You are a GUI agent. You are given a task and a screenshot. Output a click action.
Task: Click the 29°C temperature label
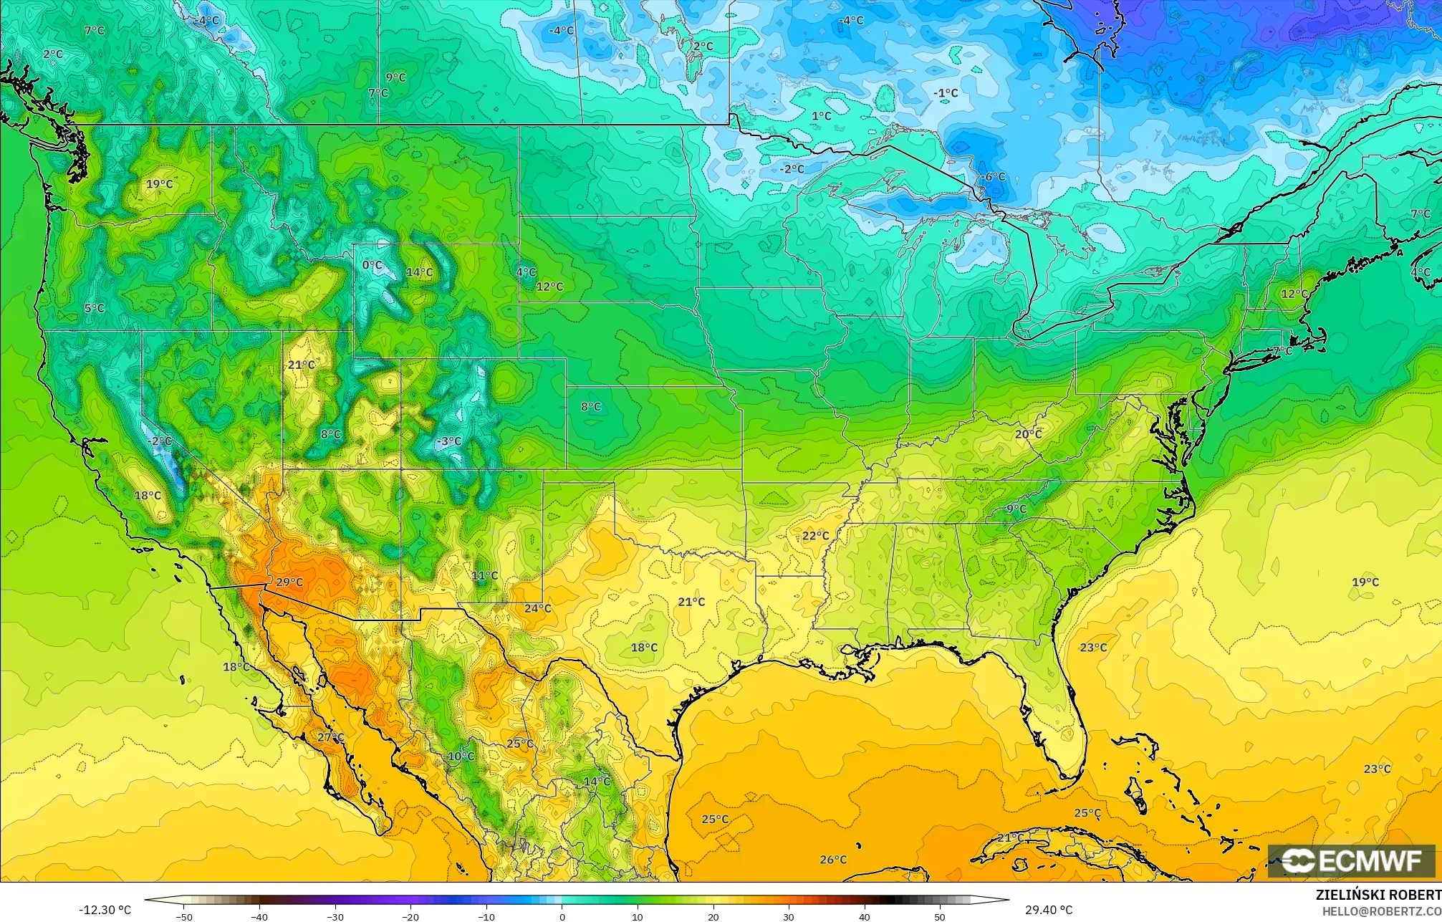click(x=289, y=582)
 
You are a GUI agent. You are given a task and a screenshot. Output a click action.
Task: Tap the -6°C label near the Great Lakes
click(x=994, y=177)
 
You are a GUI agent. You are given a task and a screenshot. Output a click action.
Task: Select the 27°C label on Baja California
click(x=330, y=737)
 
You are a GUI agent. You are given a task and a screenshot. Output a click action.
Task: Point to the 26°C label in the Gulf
click(x=832, y=860)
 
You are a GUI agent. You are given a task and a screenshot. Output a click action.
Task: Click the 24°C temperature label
click(x=537, y=608)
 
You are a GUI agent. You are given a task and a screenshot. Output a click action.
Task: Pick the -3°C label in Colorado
click(x=449, y=441)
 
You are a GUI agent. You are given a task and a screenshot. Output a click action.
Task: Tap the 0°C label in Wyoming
click(x=372, y=265)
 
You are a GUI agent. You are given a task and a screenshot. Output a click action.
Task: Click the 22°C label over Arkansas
click(x=815, y=536)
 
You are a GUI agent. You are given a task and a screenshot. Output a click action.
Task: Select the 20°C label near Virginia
click(x=1028, y=434)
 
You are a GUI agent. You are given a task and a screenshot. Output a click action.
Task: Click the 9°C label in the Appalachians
click(x=1016, y=509)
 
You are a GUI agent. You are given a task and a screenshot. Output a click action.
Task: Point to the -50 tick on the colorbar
click(x=184, y=917)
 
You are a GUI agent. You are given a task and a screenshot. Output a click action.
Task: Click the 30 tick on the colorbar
click(x=789, y=917)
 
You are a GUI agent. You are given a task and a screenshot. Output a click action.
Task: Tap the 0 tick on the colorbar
click(x=562, y=917)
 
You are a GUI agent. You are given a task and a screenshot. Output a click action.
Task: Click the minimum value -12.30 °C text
click(x=105, y=910)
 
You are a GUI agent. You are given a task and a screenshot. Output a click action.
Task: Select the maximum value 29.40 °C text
click(x=1048, y=910)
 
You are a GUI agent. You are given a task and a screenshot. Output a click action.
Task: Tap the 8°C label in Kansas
click(x=590, y=407)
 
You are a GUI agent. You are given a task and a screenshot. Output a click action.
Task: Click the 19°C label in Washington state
click(x=159, y=184)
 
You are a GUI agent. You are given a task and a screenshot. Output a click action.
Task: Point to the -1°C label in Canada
click(x=946, y=93)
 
